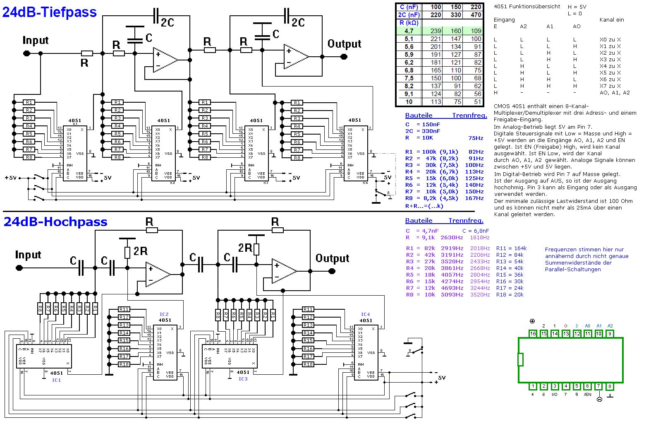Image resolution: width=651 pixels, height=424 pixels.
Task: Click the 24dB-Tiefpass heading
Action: [50, 12]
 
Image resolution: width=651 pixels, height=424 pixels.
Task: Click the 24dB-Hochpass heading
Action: [55, 222]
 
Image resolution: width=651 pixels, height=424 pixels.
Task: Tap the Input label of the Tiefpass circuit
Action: [36, 41]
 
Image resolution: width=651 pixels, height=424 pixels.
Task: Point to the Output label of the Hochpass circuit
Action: [332, 258]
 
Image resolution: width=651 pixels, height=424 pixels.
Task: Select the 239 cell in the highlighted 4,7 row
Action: [436, 31]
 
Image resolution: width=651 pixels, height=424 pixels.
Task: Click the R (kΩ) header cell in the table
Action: [409, 23]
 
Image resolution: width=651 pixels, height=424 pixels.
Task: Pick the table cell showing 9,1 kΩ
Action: [409, 94]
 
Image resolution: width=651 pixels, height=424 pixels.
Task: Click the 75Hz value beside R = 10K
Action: [476, 138]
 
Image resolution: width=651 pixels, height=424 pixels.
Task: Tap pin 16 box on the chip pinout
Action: [533, 333]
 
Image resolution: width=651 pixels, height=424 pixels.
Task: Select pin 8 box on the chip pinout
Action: [610, 386]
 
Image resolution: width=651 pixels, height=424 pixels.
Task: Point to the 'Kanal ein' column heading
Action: [611, 20]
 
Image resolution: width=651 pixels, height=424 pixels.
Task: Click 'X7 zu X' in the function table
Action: [610, 86]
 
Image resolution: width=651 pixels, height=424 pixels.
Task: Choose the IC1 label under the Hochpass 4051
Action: [56, 380]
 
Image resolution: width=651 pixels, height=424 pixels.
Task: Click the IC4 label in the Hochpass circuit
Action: [365, 314]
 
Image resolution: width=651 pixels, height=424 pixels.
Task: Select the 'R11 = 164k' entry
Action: [511, 248]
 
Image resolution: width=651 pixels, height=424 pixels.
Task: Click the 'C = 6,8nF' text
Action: [476, 231]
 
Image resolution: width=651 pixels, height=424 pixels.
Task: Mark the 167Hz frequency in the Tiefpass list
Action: [474, 198]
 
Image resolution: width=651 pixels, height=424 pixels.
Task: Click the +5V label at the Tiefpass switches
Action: [11, 178]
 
